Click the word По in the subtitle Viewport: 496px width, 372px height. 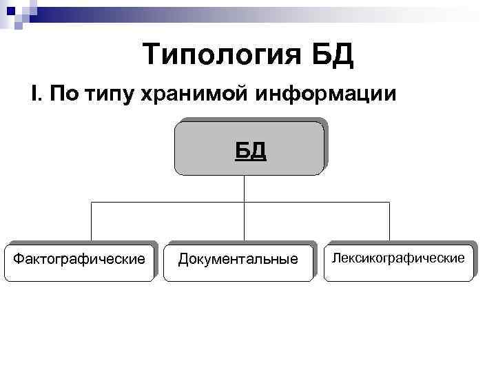point(64,93)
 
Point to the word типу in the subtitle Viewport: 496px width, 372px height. point(110,94)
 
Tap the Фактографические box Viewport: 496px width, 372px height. point(80,261)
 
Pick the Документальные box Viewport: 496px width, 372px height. point(238,261)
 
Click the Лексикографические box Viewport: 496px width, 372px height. point(399,261)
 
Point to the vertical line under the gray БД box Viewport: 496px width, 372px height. point(244,188)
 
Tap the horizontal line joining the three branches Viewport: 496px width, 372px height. point(172,202)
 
